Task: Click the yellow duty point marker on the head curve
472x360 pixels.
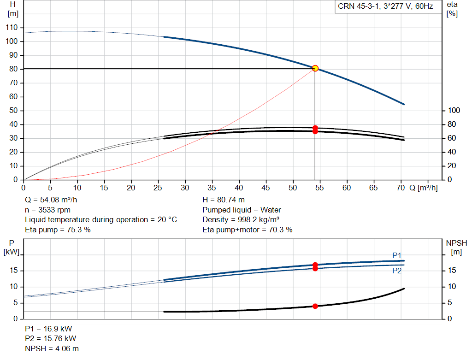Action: pos(315,68)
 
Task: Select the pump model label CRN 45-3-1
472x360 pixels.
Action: pos(358,6)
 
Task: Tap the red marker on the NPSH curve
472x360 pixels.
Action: pos(315,306)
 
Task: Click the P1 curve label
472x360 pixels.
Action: pos(397,255)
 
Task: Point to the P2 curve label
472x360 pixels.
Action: pos(397,271)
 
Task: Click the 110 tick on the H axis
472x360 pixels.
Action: pos(12,27)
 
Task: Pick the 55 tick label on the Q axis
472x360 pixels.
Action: pos(319,188)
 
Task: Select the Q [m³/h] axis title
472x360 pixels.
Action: pos(423,188)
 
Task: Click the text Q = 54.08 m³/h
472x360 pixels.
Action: pos(51,200)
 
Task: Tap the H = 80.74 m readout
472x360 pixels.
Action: pos(224,200)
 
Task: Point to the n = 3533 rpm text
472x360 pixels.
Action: pos(47,210)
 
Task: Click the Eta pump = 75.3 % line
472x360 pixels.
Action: pos(58,230)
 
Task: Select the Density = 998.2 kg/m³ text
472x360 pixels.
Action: pos(241,220)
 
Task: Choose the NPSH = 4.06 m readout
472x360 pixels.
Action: pos(52,348)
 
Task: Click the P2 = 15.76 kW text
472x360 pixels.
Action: pos(51,339)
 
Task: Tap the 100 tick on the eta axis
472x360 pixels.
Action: pos(454,111)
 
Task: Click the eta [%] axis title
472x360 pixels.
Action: pos(452,9)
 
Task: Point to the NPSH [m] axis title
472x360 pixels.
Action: pos(456,248)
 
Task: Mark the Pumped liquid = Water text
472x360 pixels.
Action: pos(242,210)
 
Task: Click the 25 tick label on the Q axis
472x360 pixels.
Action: pos(158,188)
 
